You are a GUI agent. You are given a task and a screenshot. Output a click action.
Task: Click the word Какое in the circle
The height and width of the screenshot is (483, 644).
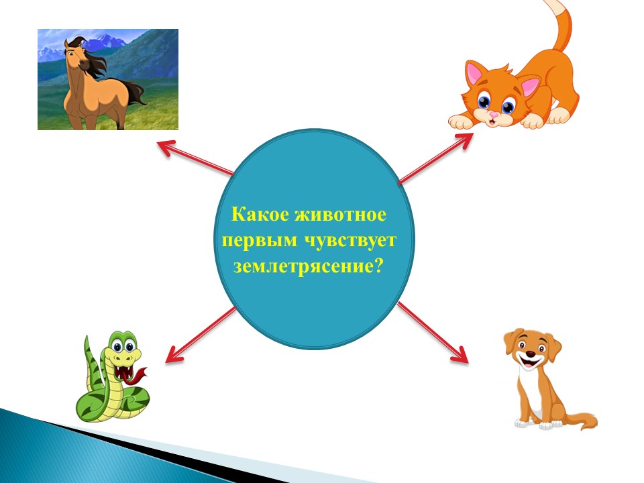pyautogui.click(x=260, y=215)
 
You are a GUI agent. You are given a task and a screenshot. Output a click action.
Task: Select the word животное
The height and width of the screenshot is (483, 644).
pyautogui.click(x=341, y=215)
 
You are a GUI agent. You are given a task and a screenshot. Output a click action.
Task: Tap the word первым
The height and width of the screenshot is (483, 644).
pyautogui.click(x=259, y=241)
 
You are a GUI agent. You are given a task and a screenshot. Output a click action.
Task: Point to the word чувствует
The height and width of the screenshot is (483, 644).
pyautogui.click(x=351, y=241)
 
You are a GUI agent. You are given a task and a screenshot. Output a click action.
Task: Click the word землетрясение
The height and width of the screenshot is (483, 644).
pyautogui.click(x=303, y=267)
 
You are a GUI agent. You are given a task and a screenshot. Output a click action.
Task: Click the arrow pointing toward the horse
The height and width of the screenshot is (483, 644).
pyautogui.click(x=195, y=158)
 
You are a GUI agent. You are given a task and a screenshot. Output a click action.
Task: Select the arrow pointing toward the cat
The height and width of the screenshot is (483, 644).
pyautogui.click(x=436, y=158)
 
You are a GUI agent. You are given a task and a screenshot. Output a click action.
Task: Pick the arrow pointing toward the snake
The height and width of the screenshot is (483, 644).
pyautogui.click(x=201, y=335)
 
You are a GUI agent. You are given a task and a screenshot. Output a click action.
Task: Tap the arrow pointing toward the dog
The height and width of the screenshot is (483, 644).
pyautogui.click(x=433, y=333)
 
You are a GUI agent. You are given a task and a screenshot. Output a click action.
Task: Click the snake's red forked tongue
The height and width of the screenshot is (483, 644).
pyautogui.click(x=138, y=376)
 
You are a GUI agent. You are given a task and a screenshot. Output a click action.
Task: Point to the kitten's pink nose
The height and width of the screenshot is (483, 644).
pyautogui.click(x=492, y=115)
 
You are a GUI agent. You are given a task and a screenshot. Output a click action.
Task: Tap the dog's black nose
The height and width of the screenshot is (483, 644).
pyautogui.click(x=531, y=354)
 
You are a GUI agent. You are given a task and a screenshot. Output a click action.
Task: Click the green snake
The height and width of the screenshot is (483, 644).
pyautogui.click(x=112, y=376)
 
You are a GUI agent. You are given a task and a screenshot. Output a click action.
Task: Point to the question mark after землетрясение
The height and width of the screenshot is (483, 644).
pyautogui.click(x=378, y=266)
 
